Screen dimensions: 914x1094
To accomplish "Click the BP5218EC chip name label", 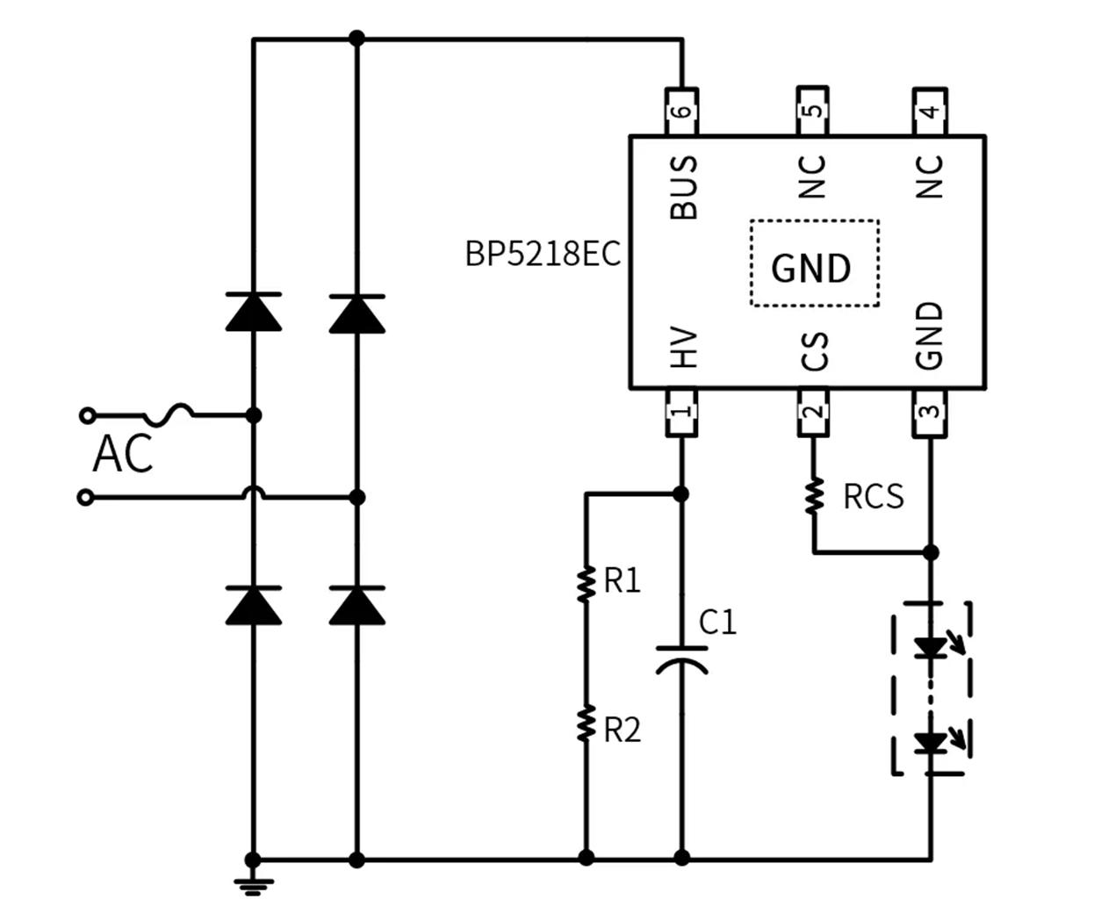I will coord(542,255).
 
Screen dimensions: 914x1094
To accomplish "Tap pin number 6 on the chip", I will coord(682,112).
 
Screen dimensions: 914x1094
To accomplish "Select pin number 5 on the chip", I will coord(813,111).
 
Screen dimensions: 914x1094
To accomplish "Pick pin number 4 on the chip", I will coord(930,111).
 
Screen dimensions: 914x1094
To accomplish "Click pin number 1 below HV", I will coord(682,411).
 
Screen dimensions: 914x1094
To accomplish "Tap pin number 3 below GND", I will coord(931,411).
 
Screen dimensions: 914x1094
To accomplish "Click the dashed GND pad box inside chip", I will coord(814,263).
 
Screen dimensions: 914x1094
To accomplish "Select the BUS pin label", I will coord(683,187).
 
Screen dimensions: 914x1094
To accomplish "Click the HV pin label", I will coord(683,348).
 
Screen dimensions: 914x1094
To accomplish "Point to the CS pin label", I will coord(814,349).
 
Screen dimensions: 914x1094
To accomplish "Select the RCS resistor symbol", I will coord(814,495).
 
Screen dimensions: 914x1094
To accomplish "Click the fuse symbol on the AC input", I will coord(169,413).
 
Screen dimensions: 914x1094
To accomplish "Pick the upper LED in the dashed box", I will coord(930,648).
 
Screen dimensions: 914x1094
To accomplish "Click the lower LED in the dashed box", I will coord(930,744).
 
